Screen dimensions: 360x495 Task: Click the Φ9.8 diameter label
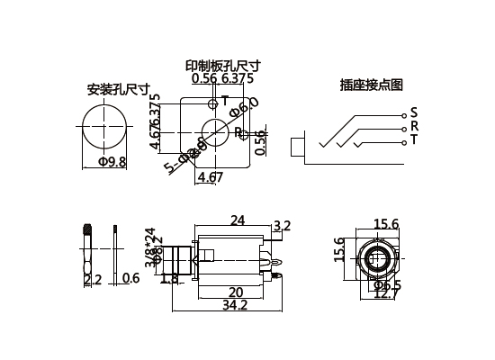coord(112,161)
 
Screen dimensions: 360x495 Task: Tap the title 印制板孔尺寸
coord(222,66)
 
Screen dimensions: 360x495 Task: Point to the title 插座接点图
coord(371,85)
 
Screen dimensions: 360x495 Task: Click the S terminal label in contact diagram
coord(414,112)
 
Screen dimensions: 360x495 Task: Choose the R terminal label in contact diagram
coord(414,126)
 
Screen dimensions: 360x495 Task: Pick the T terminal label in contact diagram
coord(414,139)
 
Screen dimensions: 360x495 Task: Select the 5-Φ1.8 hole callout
coord(184,156)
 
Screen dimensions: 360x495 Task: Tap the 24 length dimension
coord(238,220)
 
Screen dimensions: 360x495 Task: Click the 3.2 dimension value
coord(281,226)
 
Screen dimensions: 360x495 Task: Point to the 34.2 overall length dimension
coord(232,306)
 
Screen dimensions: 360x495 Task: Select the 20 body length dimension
coord(235,292)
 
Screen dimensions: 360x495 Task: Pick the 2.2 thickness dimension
coord(92,280)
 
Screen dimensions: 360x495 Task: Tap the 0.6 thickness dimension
coord(130,278)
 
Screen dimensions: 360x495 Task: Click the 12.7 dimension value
coord(383,293)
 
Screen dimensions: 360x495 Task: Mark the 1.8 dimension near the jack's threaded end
coord(168,279)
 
